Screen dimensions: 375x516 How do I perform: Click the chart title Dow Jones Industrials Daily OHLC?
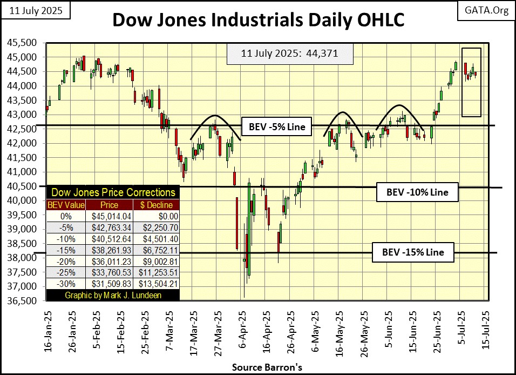click(x=258, y=20)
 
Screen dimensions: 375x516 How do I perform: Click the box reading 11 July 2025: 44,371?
click(x=282, y=55)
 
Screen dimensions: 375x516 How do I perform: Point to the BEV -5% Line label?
click(x=277, y=128)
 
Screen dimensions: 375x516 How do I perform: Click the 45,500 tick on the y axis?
click(x=25, y=43)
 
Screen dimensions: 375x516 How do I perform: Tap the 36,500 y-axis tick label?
click(x=25, y=301)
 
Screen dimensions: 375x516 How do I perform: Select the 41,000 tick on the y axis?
click(x=25, y=172)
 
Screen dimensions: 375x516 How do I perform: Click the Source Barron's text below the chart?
click(x=258, y=367)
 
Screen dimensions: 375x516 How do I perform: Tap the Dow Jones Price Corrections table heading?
click(x=112, y=192)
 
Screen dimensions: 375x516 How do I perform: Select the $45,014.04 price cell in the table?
click(x=110, y=215)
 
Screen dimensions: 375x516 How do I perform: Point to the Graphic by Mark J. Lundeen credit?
click(x=112, y=296)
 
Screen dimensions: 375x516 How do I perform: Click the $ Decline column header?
click(x=157, y=205)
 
